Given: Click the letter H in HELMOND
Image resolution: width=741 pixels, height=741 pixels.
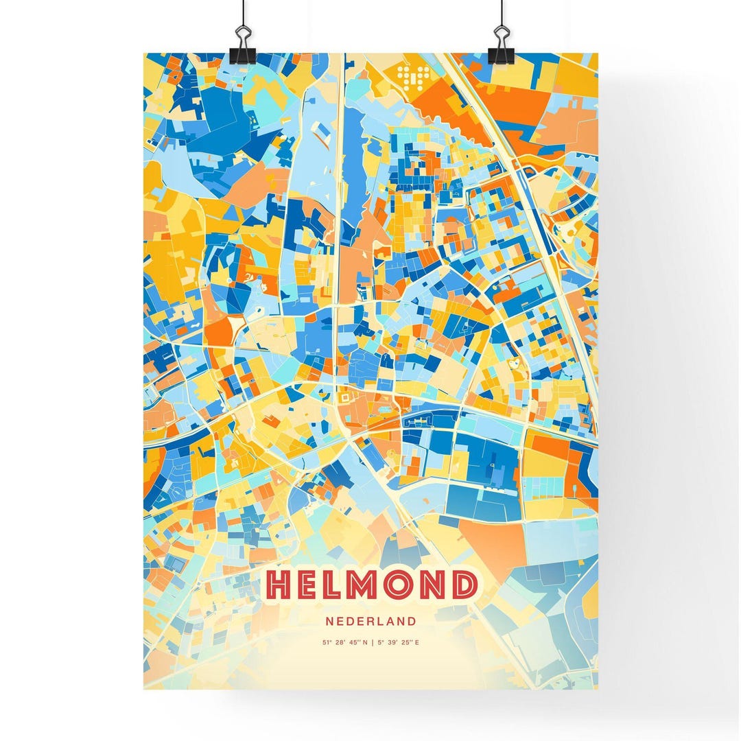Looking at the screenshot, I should [x=281, y=585].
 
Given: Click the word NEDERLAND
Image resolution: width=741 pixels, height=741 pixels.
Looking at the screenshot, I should [x=371, y=622].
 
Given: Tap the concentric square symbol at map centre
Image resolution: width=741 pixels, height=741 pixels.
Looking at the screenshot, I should [x=344, y=397].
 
